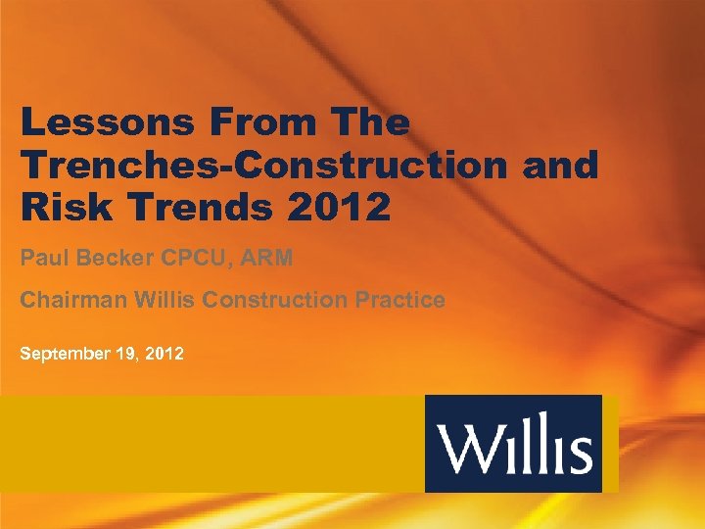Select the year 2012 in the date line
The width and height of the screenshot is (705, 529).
[163, 352]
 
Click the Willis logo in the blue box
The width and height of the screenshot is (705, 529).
[514, 444]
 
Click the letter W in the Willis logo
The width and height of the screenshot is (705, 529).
[469, 450]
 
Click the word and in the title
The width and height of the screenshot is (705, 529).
[559, 166]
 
